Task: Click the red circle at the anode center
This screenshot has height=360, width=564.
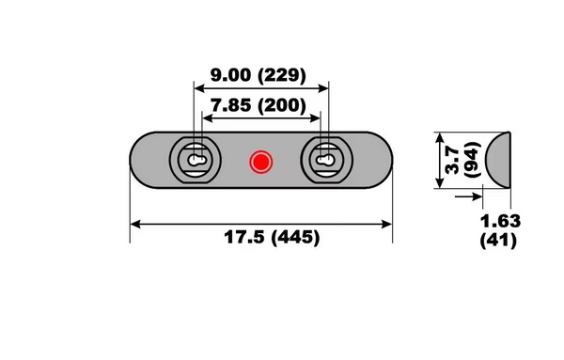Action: [x=260, y=162]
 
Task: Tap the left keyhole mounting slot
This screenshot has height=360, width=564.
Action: [x=196, y=162]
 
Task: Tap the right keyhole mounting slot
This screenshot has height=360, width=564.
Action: [x=325, y=162]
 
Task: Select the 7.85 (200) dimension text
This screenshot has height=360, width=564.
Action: [x=260, y=104]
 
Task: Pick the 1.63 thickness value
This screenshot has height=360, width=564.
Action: [x=500, y=222]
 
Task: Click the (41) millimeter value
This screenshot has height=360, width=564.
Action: [x=500, y=241]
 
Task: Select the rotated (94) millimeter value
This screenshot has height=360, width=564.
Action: [x=470, y=161]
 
